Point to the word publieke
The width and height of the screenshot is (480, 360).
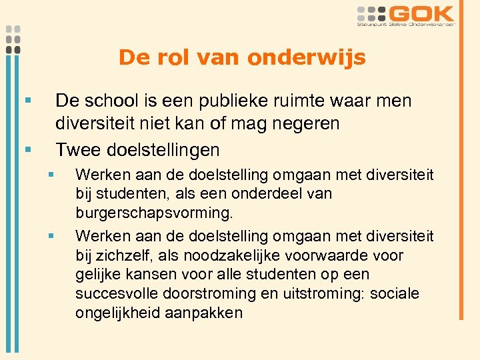[x=240, y=101]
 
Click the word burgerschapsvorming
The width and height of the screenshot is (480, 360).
[x=155, y=213]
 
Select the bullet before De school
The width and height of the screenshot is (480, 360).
[x=27, y=101]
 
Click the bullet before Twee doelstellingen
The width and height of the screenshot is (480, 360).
[x=27, y=149]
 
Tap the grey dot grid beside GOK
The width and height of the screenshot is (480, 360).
[x=371, y=13]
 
